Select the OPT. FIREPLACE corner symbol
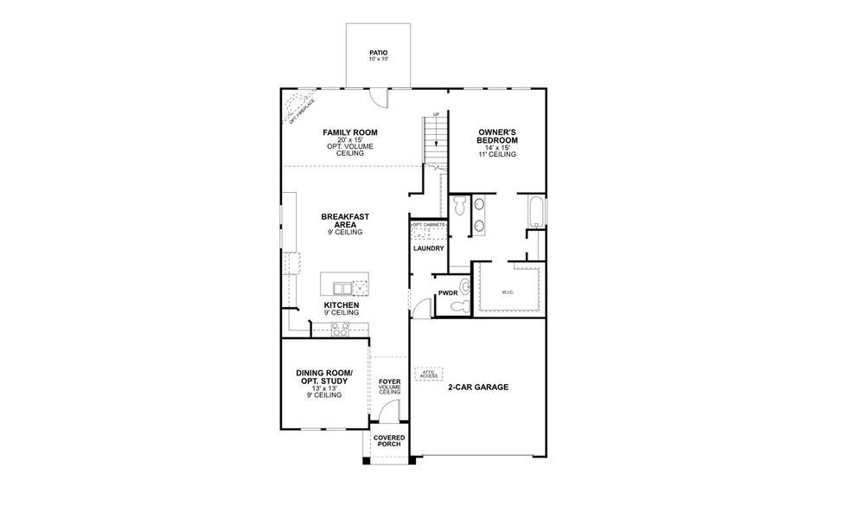(297, 110)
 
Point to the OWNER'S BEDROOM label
(497, 137)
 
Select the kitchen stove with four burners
(341, 328)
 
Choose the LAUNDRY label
(428, 248)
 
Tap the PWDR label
(447, 293)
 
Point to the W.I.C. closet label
(507, 292)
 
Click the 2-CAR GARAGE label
(477, 387)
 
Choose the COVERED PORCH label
(388, 441)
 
